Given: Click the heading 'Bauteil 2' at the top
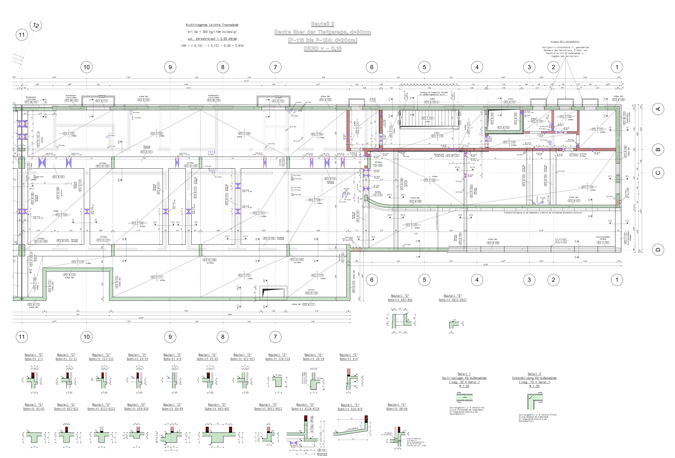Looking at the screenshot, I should click(322, 24).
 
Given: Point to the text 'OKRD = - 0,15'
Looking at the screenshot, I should click(322, 49).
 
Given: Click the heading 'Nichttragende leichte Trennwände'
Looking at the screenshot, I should click(212, 25).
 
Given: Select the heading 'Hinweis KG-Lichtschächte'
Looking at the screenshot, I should click(565, 42).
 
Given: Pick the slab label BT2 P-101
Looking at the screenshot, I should click(69, 134).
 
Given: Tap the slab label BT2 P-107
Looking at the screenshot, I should click(259, 213).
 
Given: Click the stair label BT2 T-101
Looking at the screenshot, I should click(428, 118).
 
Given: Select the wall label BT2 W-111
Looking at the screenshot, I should click(308, 304).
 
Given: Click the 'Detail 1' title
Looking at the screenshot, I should click(464, 374).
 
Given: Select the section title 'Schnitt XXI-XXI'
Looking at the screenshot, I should click(400, 300).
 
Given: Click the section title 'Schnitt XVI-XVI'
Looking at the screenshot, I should click(217, 409).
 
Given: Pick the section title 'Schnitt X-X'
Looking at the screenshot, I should click(348, 359).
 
